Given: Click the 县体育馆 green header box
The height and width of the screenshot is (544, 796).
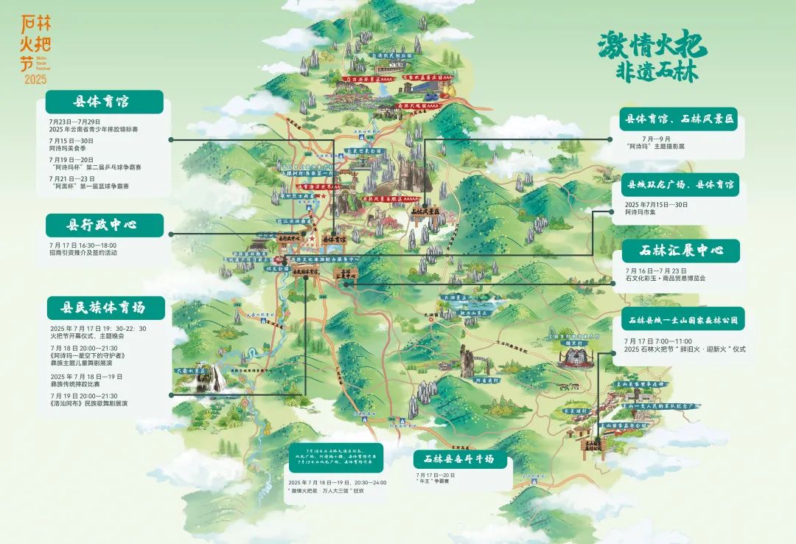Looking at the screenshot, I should [104, 102].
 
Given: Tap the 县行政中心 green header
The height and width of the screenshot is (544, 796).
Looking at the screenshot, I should [104, 225].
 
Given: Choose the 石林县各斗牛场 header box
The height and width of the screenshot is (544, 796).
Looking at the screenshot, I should [464, 459].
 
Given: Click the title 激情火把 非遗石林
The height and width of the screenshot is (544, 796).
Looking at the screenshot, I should [652, 57].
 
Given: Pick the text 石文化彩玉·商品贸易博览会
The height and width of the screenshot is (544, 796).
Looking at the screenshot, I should [665, 278].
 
